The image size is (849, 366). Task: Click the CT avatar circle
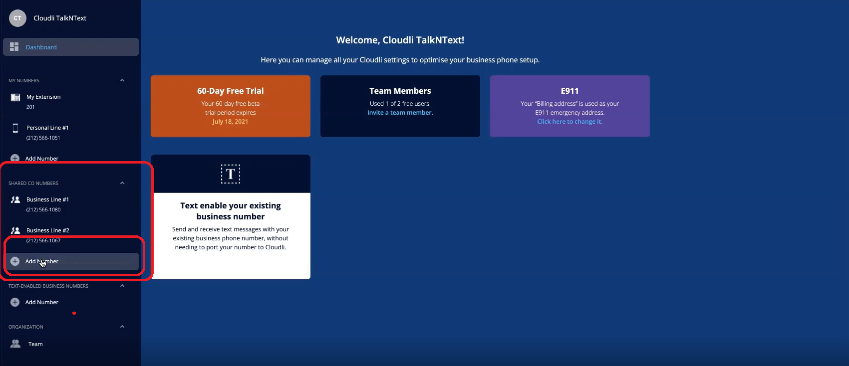tap(17, 18)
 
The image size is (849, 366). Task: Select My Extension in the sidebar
tap(43, 97)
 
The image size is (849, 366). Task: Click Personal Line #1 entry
tap(47, 128)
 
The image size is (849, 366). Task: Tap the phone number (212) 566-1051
tap(43, 138)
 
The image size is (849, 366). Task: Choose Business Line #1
tap(47, 199)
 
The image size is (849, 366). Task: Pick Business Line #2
tap(48, 230)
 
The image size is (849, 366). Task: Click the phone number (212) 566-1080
tap(43, 210)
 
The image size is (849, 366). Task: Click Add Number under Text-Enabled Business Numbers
tap(42, 302)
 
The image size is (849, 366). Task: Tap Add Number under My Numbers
tap(42, 159)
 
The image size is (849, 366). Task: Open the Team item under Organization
tap(35, 344)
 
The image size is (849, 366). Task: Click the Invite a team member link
tap(400, 112)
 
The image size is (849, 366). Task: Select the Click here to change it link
tap(569, 122)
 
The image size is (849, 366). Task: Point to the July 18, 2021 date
tap(230, 122)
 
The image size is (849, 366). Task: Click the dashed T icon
tap(231, 174)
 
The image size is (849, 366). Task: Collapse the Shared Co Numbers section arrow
tap(122, 183)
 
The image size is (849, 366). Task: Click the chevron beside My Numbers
tap(122, 80)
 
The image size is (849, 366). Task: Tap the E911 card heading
tap(569, 91)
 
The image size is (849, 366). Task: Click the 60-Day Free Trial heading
tap(231, 91)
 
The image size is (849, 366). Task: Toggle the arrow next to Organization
tap(122, 327)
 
